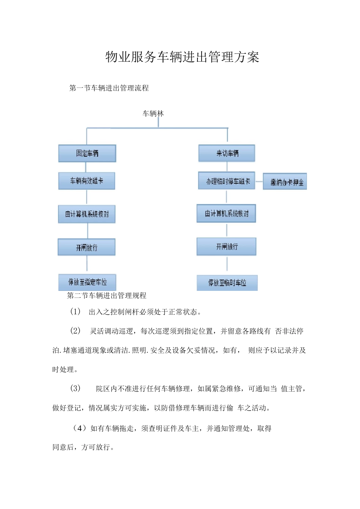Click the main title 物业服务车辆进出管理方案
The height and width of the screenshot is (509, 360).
pyautogui.click(x=182, y=57)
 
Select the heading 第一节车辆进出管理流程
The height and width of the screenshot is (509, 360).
pyautogui.click(x=109, y=88)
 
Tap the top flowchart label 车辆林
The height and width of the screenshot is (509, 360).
pyautogui.click(x=153, y=114)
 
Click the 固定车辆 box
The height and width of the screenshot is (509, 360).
pyautogui.click(x=87, y=153)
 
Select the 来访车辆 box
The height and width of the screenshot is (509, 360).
pyautogui.click(x=227, y=153)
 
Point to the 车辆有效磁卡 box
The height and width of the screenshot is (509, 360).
pyautogui.click(x=87, y=181)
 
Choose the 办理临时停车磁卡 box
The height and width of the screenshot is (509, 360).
pyautogui.click(x=227, y=181)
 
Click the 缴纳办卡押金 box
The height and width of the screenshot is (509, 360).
pyautogui.click(x=285, y=182)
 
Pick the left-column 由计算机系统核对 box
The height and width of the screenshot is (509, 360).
pyautogui.click(x=87, y=214)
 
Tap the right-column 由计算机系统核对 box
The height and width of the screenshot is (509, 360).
pyautogui.click(x=226, y=214)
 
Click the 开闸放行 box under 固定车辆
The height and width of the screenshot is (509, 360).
pyautogui.click(x=87, y=247)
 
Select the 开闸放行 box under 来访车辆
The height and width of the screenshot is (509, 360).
pyautogui.click(x=227, y=247)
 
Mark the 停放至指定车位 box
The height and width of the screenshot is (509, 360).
pyautogui.click(x=87, y=282)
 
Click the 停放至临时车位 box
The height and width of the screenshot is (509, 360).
pyautogui.click(x=227, y=283)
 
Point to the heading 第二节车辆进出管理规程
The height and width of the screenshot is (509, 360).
pyautogui.click(x=106, y=296)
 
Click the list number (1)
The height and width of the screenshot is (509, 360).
pyautogui.click(x=75, y=312)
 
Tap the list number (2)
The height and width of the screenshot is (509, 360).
pyautogui.click(x=75, y=331)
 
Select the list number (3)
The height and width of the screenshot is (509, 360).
pyautogui.click(x=75, y=388)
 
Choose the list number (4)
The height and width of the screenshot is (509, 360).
pyautogui.click(x=79, y=428)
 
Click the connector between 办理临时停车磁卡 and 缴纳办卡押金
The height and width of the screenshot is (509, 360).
pyautogui.click(x=259, y=181)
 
